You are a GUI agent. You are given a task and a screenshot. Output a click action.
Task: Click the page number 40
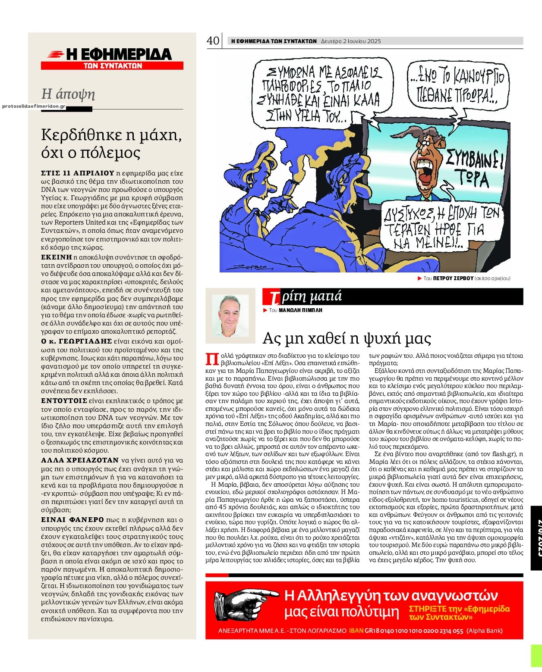213,41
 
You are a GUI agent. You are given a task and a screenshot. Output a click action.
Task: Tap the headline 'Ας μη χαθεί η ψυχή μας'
347,338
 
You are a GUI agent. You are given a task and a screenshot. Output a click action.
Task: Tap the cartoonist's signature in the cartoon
250,267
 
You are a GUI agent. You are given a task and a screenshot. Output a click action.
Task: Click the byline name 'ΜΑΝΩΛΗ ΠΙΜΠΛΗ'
301,310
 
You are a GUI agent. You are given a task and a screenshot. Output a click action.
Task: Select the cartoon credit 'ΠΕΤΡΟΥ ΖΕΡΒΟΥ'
453,278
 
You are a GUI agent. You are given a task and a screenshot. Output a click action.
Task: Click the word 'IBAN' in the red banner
356,631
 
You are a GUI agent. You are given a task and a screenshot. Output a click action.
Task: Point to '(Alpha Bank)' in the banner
485,631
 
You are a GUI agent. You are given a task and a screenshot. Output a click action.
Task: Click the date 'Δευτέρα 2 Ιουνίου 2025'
351,41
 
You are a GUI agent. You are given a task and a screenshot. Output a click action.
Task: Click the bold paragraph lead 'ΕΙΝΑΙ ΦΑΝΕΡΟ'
72,520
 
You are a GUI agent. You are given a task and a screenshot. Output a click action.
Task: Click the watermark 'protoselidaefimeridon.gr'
34,106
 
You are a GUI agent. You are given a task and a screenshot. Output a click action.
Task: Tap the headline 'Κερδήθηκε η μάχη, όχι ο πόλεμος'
111,144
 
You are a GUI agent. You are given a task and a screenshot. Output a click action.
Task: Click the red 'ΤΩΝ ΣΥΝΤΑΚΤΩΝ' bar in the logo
112,66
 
